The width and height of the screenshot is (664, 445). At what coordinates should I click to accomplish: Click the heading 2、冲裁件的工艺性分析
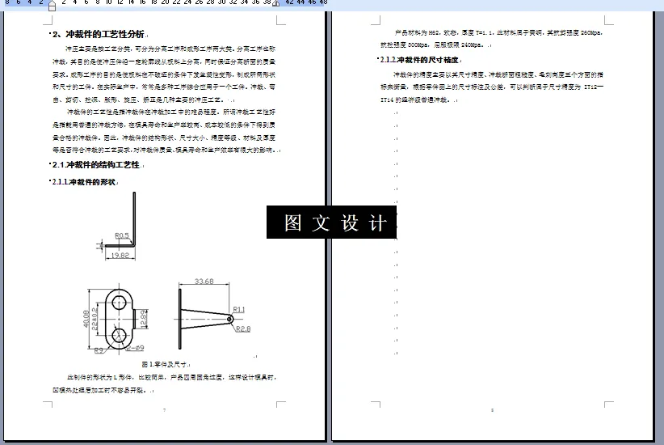pos(99,34)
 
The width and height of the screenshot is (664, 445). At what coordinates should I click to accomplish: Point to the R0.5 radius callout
pos(122,235)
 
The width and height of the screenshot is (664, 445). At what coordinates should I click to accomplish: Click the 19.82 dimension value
pos(119,255)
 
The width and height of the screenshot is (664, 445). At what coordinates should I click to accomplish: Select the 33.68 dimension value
pos(205,282)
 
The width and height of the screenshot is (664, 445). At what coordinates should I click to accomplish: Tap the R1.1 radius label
pos(239,309)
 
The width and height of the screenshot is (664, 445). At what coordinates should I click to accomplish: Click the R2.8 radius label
pos(243,328)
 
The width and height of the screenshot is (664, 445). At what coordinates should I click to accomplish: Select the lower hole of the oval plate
pos(120,334)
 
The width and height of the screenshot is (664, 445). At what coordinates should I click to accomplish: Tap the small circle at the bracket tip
pos(230,319)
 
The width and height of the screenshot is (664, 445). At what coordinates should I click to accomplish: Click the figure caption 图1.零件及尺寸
pos(165,364)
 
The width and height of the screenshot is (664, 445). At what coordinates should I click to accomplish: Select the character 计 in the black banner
pos(378,223)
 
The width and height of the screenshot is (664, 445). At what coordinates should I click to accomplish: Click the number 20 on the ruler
pos(166,2)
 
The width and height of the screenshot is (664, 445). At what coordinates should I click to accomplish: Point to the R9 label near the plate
pos(99,350)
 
